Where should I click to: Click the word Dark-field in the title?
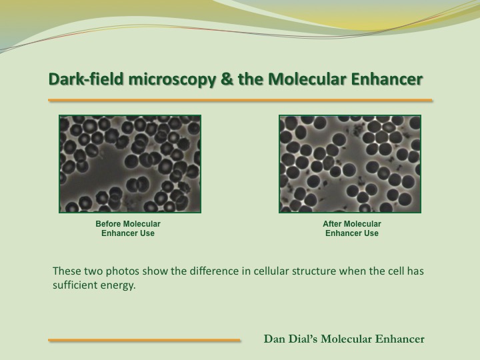[x=86, y=79]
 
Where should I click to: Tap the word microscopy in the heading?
[x=172, y=79]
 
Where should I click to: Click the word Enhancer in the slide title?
[x=387, y=79]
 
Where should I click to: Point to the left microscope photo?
[x=130, y=164]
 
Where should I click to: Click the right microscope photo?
[x=350, y=164]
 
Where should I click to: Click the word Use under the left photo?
[x=147, y=233]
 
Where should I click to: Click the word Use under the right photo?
[x=371, y=233]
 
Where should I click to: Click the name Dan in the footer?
[x=272, y=339]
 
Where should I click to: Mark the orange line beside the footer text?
[x=144, y=340]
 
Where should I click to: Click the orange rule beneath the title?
[x=240, y=100]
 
